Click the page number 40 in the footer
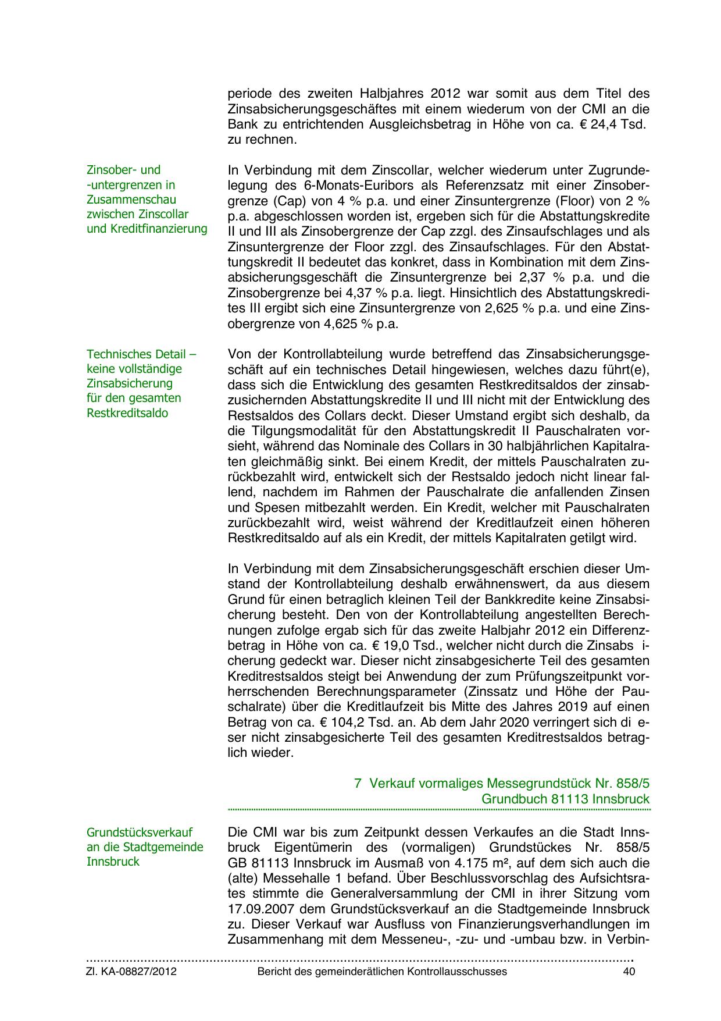coord(629,972)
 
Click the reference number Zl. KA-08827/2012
coord(131,972)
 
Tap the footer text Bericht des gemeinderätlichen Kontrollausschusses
coord(382,972)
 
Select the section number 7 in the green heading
coord(358,783)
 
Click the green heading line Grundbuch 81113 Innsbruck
coord(565,799)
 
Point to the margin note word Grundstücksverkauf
coord(140,833)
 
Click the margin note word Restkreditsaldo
coord(127,413)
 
